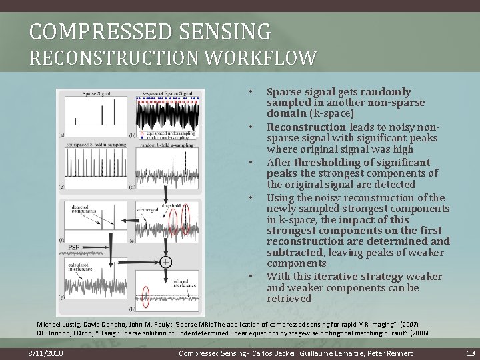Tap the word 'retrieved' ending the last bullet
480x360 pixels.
point(289,299)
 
